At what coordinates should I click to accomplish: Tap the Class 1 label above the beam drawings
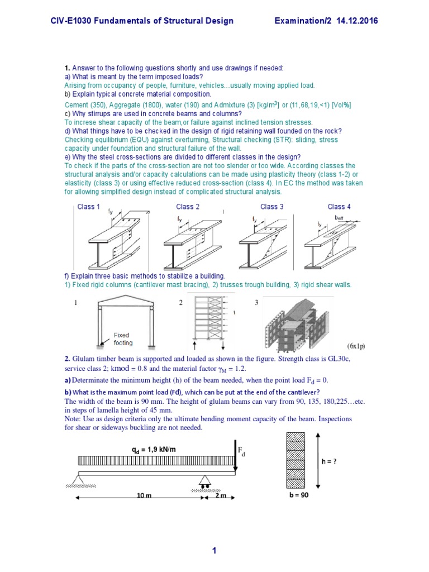coord(88,207)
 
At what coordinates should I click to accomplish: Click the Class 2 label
coord(188,207)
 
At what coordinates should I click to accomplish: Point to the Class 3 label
coord(272,207)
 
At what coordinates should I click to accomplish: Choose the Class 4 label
coord(339,207)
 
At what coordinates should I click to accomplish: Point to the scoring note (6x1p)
coord(355,346)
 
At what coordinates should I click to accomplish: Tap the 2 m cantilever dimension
coord(216,496)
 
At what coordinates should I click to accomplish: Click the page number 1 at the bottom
coord(214,551)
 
